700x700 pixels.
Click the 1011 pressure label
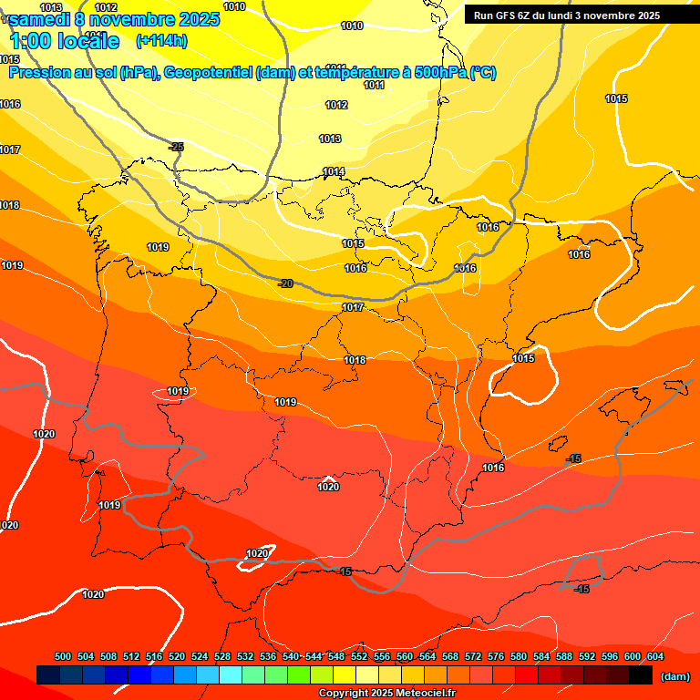(x=374, y=85)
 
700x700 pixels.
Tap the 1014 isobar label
(x=334, y=171)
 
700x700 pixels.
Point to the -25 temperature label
(x=177, y=147)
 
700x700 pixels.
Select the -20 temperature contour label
(x=285, y=283)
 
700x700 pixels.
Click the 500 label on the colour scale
(x=63, y=656)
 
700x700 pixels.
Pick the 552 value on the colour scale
(x=359, y=656)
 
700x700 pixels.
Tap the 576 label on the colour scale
(x=496, y=656)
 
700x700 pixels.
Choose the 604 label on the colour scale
(x=655, y=656)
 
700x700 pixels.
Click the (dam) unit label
(x=674, y=675)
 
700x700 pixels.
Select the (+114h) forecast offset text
(x=161, y=40)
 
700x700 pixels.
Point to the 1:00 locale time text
(x=65, y=41)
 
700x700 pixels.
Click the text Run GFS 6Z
(x=507, y=15)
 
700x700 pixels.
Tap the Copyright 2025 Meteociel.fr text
(x=386, y=693)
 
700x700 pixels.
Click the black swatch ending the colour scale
(x=641, y=674)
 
